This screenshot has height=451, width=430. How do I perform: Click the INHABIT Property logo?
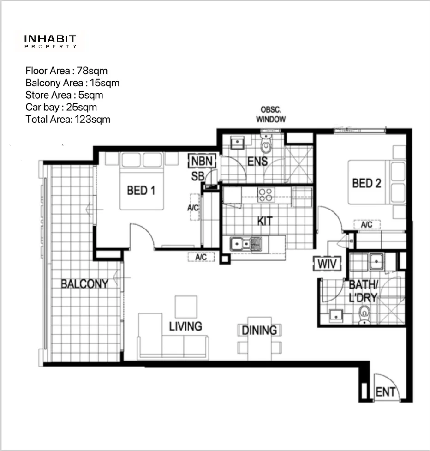[x=50, y=41]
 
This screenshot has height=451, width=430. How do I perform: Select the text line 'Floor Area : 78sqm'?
[x=66, y=71]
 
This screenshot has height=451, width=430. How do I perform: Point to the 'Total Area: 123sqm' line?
[x=68, y=120]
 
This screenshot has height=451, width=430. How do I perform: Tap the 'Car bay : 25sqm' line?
[x=61, y=108]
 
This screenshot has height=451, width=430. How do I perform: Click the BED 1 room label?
[x=141, y=190]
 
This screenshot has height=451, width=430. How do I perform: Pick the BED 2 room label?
[x=367, y=183]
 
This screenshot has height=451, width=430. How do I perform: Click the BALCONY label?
[x=84, y=284]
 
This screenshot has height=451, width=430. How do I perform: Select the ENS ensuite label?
[x=258, y=162]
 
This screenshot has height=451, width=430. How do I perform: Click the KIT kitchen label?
[x=265, y=221]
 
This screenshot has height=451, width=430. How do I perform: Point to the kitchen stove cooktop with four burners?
[x=265, y=195]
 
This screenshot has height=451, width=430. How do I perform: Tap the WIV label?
[x=327, y=264]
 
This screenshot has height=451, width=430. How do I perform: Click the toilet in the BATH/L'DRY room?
[x=364, y=314]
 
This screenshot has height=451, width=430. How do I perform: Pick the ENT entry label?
[x=385, y=392]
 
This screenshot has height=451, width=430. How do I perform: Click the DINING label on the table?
[x=259, y=331]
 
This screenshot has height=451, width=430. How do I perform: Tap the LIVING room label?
[x=185, y=326]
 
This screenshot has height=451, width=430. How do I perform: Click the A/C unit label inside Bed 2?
[x=367, y=225]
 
